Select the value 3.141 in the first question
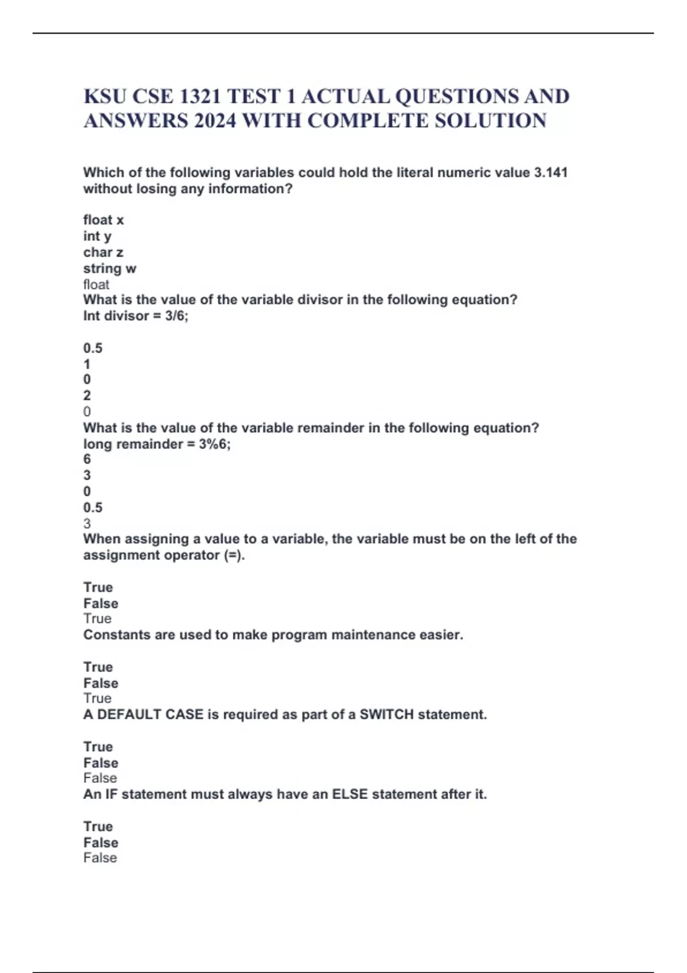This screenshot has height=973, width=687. (x=550, y=172)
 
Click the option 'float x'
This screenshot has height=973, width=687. (x=104, y=220)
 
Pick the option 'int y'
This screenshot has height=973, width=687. (x=97, y=236)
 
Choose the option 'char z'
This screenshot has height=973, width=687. (x=103, y=252)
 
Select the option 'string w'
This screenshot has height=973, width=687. (x=110, y=268)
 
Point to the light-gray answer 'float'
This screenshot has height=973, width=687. (x=96, y=284)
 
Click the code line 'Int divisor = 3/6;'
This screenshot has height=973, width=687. (x=136, y=316)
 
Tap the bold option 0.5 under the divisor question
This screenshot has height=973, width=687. (x=93, y=348)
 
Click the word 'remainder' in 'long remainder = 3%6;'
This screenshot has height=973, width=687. (x=147, y=444)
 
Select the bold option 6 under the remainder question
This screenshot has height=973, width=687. (x=87, y=459)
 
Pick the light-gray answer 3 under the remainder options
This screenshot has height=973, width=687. (x=87, y=523)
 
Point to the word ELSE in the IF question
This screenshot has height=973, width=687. (x=350, y=794)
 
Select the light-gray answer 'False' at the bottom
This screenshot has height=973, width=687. (x=100, y=857)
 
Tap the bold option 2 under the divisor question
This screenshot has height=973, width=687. (x=87, y=395)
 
